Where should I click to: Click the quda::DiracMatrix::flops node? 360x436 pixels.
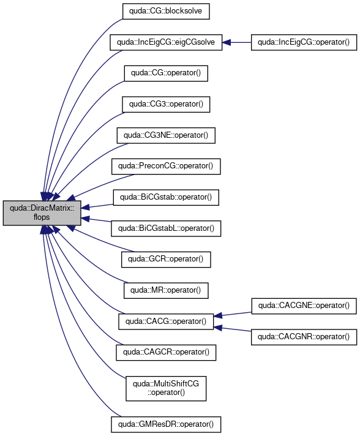pos(42,212)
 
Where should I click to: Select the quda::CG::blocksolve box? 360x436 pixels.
pos(166,11)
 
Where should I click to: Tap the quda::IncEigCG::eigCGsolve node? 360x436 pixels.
pos(166,42)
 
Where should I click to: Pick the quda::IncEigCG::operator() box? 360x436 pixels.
pos(304,42)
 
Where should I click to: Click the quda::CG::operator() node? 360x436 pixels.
pos(166,73)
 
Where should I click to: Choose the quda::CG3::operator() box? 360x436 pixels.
pos(166,105)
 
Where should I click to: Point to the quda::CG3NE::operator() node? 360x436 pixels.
pos(166,135)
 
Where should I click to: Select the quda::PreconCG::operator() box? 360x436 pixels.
pos(166,167)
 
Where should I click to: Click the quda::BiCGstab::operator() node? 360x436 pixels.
pos(166,197)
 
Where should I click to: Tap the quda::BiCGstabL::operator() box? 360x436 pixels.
pos(166,228)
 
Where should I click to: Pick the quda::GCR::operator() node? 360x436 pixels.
pos(166,260)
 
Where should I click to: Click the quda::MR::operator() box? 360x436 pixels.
pos(166,291)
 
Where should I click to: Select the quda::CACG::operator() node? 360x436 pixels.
pos(166,321)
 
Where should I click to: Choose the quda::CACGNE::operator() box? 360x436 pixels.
pos(304,306)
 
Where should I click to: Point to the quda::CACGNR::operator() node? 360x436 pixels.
pos(304,337)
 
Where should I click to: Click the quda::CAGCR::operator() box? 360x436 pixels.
pos(166,353)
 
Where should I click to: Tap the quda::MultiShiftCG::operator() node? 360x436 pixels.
pos(166,388)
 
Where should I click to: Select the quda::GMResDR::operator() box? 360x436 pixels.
pos(166,424)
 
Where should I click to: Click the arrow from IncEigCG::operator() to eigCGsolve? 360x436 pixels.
pos(236,42)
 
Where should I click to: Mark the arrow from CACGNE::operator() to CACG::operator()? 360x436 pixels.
pos(233,314)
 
